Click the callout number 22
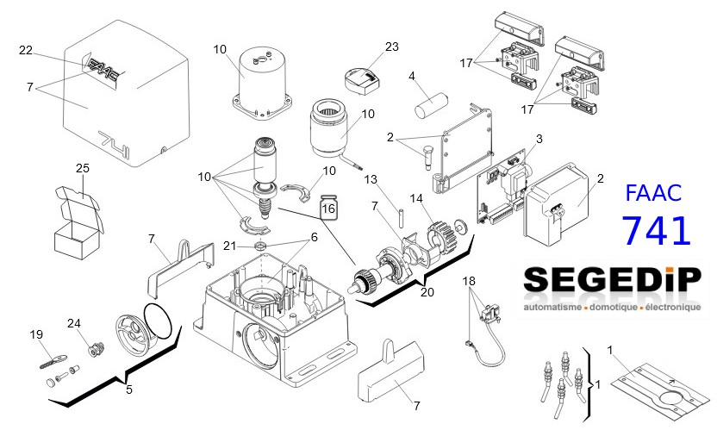(26, 52)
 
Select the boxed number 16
(328, 208)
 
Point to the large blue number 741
(656, 230)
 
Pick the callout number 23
(392, 47)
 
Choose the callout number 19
(36, 333)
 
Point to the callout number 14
(417, 198)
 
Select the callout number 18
(469, 281)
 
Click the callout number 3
(539, 138)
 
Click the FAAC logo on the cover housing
(105, 69)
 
